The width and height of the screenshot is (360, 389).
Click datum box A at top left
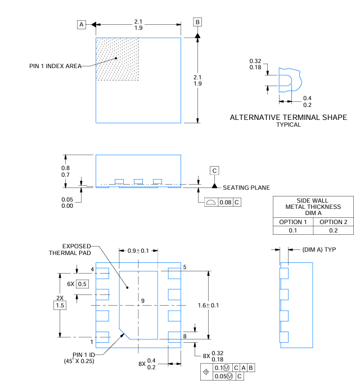tap(82, 24)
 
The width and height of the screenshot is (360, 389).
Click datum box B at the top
tap(197, 22)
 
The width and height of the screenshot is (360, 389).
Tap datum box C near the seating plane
tap(214, 170)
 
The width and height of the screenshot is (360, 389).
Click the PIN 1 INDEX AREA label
tap(55, 66)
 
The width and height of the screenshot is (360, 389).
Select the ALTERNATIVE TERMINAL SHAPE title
tap(288, 118)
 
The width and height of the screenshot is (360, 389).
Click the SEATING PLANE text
tap(246, 187)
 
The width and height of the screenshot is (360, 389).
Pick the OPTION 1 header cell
tap(293, 222)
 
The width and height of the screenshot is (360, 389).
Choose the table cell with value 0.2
tap(334, 231)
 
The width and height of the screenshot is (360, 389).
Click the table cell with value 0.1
tap(293, 231)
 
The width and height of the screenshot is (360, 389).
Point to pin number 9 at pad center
tap(143, 301)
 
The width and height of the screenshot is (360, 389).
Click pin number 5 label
tap(184, 267)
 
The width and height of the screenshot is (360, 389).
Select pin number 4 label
tap(92, 270)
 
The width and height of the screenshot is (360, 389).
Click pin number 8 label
tap(184, 337)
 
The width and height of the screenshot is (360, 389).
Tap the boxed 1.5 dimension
tap(59, 305)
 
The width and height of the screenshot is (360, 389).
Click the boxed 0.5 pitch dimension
tap(82, 283)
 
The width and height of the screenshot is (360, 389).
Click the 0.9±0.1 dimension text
tap(139, 251)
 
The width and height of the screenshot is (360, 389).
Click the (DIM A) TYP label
tap(319, 249)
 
